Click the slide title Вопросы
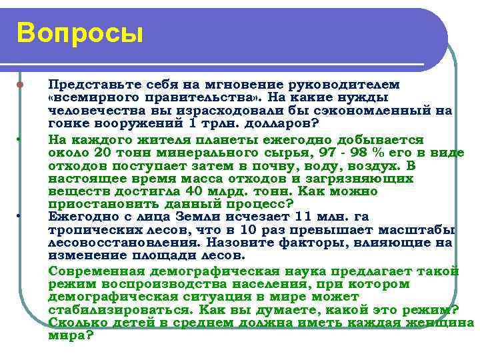pos(80,33)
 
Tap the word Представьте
pos(86,85)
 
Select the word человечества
pos(93,110)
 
